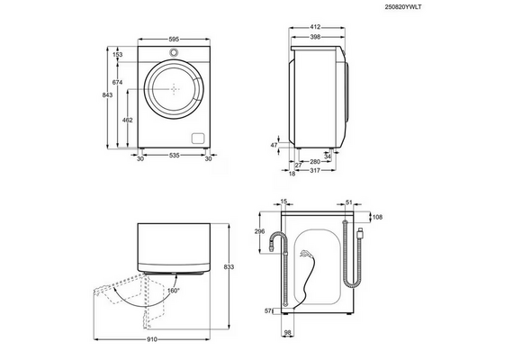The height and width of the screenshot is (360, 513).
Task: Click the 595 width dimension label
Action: click(174, 40)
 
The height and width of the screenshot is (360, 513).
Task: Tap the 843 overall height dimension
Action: click(108, 94)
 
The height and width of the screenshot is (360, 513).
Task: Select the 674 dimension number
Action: click(118, 83)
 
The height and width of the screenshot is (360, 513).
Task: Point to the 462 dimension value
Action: click(127, 120)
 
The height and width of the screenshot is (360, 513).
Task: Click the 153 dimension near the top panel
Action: click(118, 55)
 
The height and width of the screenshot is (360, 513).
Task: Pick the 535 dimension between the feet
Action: click(175, 156)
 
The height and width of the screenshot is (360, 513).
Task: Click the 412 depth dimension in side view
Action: click(315, 27)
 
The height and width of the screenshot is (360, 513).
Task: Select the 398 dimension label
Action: click(315, 37)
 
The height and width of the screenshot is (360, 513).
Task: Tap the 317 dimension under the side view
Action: click(315, 170)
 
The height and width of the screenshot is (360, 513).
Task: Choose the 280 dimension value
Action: click(315, 161)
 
